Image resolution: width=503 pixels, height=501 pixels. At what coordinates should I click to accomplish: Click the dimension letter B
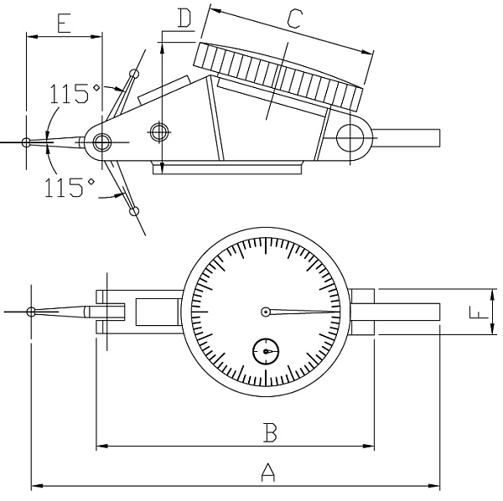point(270,432)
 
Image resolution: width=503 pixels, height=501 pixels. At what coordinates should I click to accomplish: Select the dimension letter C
point(293,18)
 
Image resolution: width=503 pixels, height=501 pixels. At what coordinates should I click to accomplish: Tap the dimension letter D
point(185,17)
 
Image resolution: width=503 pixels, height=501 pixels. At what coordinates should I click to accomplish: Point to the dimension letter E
point(64,23)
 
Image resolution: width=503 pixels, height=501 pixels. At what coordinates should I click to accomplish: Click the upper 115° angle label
point(75,92)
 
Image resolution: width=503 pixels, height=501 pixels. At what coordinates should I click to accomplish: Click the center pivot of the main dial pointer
point(265,312)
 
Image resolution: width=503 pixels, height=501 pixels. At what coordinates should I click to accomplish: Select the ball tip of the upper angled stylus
point(133,75)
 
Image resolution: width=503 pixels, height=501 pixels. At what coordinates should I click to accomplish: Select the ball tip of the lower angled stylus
point(134,210)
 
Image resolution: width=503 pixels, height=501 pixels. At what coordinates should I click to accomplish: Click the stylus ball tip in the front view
point(31,312)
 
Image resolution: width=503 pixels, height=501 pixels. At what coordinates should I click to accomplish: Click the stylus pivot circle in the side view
point(102,141)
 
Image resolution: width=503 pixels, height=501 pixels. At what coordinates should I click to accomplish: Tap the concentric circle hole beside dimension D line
point(157,131)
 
